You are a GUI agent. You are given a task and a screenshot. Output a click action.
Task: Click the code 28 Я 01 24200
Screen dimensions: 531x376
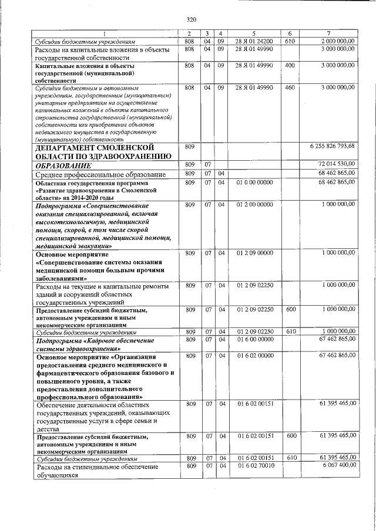pos(254,41)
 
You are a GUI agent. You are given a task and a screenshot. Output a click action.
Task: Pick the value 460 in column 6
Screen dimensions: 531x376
pos(289,87)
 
